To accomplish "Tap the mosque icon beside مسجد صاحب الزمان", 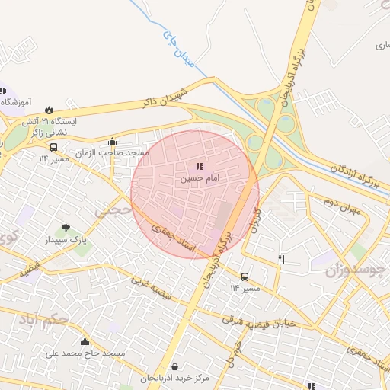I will point(113,141).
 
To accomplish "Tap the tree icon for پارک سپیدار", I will point(66,227).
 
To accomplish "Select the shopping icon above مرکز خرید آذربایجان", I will point(176,366).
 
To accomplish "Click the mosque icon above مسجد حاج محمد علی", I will point(85,341).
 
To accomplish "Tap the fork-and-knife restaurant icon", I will point(282,260).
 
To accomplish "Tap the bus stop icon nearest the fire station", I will point(53,147).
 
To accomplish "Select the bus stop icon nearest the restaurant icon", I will point(245,277).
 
